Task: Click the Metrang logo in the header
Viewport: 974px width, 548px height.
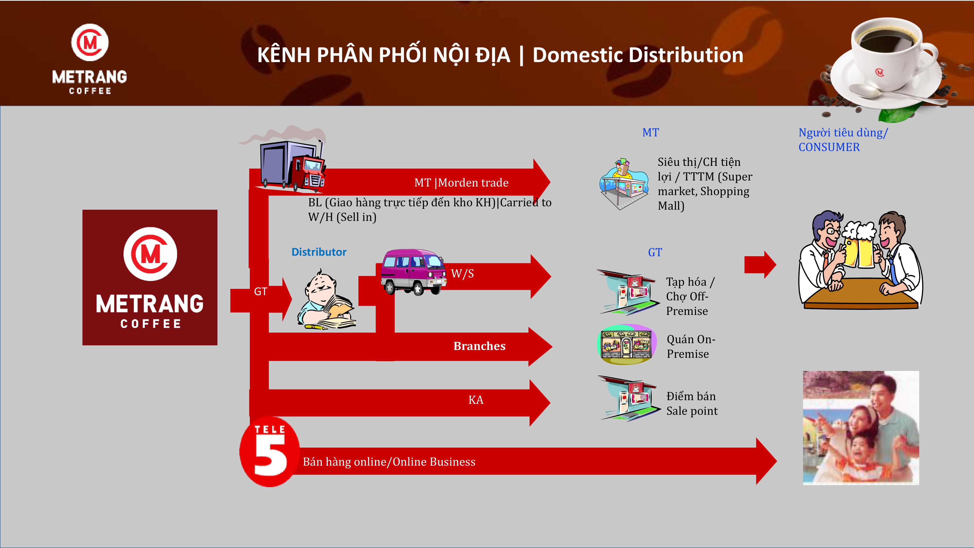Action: pyautogui.click(x=90, y=59)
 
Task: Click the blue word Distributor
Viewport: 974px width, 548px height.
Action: pyautogui.click(x=319, y=252)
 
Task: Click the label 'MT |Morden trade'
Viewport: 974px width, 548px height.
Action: pyautogui.click(x=461, y=183)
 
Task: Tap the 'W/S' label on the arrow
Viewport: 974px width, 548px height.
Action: pyautogui.click(x=462, y=274)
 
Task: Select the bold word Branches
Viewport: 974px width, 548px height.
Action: pyautogui.click(x=479, y=346)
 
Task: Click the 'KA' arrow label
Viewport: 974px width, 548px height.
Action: pyautogui.click(x=476, y=400)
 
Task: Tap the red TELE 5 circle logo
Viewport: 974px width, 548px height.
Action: pyautogui.click(x=269, y=452)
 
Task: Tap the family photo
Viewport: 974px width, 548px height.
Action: pyautogui.click(x=861, y=428)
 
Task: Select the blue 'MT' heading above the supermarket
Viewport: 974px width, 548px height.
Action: pyautogui.click(x=650, y=133)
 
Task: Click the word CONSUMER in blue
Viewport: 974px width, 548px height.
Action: pyautogui.click(x=829, y=147)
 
